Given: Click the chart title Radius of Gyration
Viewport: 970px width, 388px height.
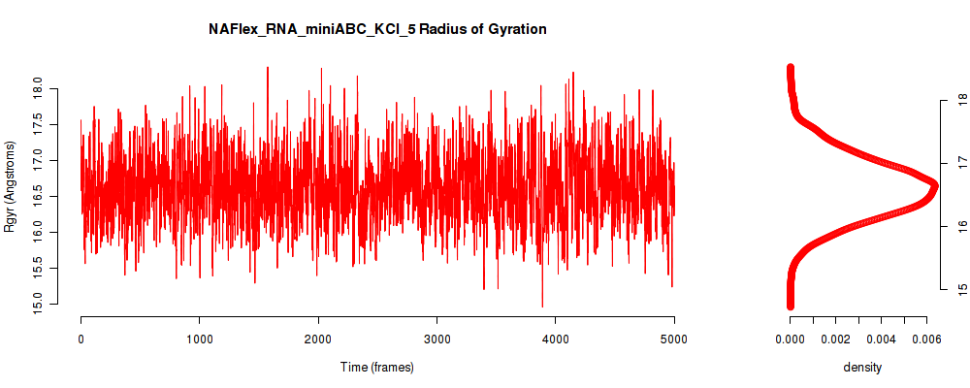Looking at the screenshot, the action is point(377,29).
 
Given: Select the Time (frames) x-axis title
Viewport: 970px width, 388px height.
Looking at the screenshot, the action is point(377,367).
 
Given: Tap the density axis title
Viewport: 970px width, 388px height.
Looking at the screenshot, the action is point(862,368).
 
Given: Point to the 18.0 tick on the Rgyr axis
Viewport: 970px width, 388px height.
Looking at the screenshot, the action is point(38,89).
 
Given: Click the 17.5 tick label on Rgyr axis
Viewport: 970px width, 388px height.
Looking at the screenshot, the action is point(38,125).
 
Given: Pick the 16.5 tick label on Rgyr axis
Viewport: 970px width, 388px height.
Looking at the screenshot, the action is point(38,197).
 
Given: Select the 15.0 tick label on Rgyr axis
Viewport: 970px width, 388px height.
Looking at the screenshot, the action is point(38,304).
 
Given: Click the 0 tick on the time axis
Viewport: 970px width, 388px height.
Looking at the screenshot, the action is point(81,338).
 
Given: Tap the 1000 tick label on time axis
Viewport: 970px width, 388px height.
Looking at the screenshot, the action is point(199,338).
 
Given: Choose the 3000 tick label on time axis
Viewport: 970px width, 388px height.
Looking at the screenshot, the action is point(436,338).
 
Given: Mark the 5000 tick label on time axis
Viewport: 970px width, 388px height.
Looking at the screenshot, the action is point(674,338).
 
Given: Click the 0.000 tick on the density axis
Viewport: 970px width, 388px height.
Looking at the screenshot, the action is point(790,339).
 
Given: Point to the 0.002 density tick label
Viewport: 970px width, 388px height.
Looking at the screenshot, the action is point(836,339).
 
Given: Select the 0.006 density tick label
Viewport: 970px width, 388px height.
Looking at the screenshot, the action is point(926,339).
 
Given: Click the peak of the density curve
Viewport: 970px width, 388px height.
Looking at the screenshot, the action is point(933,185).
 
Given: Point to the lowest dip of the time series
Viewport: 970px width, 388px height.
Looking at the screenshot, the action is point(542,307).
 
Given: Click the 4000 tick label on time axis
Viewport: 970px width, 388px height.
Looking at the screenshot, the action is point(555,338).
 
